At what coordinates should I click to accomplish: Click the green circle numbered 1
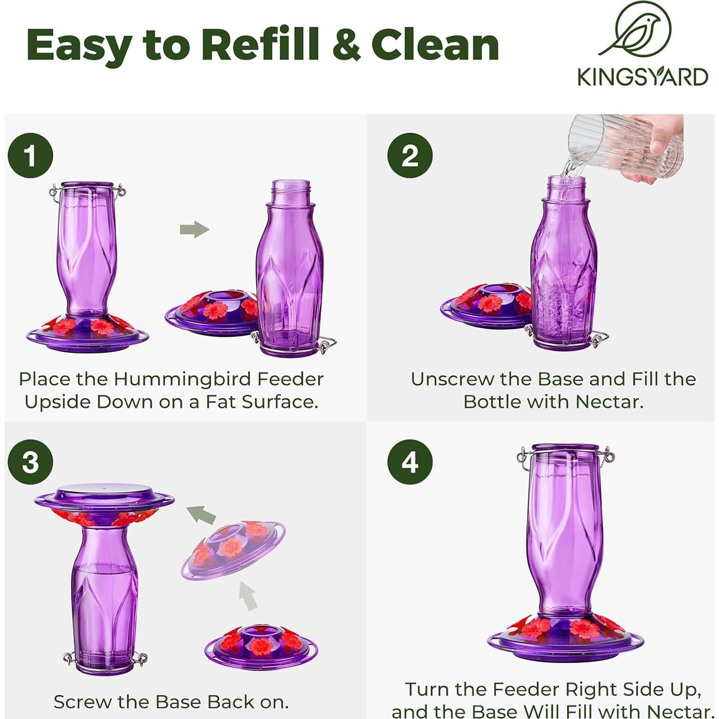tap(31, 156)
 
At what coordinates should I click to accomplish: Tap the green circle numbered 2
tap(410, 156)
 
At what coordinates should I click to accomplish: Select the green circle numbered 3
tap(31, 463)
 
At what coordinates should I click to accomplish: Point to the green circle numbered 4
tap(410, 463)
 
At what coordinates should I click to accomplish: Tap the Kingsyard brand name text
tap(643, 77)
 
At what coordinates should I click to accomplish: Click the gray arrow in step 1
tap(194, 229)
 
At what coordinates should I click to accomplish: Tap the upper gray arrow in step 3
tap(201, 515)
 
